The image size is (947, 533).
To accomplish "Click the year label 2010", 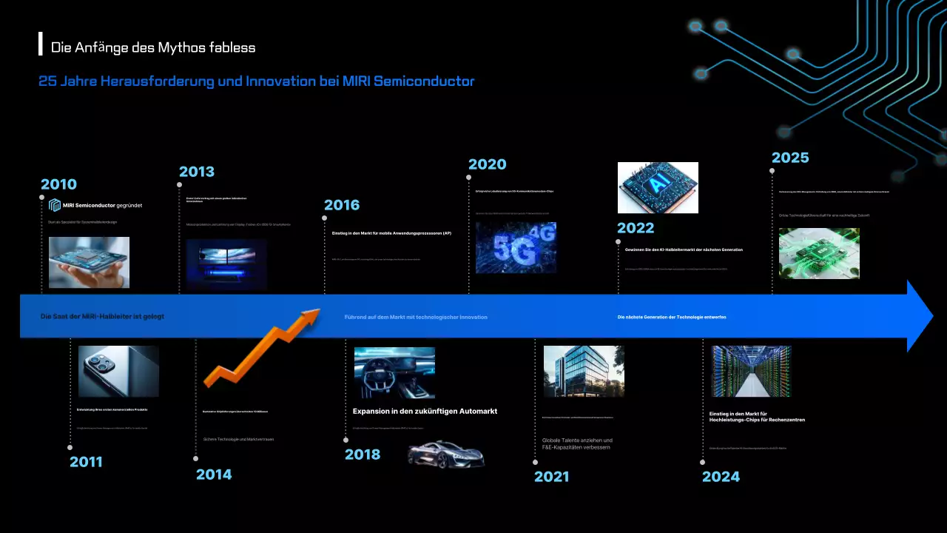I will coord(58,184).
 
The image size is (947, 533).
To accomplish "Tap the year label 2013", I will coord(196,172).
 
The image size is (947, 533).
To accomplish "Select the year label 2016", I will coord(342,205).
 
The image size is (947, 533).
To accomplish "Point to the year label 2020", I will coord(487,164).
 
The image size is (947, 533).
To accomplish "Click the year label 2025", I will coord(790,158).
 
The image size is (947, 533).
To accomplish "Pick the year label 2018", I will coord(363,455).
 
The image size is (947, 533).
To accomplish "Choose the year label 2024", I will coord(721,477).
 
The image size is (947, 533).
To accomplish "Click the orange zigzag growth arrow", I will coord(261,347).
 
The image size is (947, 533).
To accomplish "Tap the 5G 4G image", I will coord(516,248).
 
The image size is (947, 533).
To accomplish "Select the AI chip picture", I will coord(658,188).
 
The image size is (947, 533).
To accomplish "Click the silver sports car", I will coord(446,454).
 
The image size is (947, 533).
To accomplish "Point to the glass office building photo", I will coord(584,372).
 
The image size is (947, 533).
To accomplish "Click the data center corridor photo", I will coord(751,372).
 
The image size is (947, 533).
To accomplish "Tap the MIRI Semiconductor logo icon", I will coord(55,205).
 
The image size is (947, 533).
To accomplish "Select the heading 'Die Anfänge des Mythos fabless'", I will coord(153,47).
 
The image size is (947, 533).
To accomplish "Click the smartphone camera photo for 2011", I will coord(118,372).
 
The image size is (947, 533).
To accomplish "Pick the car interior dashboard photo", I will coord(394,373).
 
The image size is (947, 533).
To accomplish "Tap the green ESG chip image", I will coord(819,253).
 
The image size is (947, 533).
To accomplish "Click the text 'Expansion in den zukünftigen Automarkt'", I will coord(425,411).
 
